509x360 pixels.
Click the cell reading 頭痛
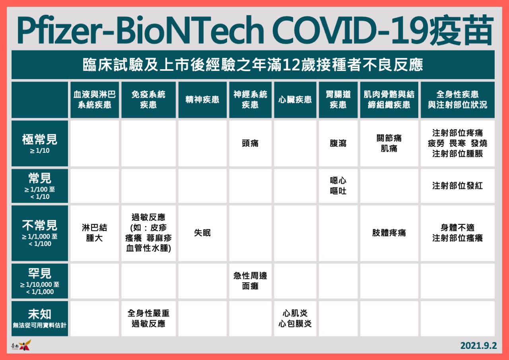click(x=250, y=144)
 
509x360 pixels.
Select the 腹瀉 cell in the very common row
click(x=338, y=144)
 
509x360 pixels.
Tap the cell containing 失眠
click(x=202, y=233)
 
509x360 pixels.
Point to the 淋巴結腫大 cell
click(x=95, y=233)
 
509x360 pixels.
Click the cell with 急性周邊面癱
click(x=250, y=281)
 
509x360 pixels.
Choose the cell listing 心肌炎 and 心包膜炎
click(x=295, y=318)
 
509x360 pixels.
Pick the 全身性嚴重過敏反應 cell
click(x=148, y=318)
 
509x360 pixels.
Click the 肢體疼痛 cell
click(x=389, y=233)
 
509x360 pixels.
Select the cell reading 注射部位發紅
click(x=457, y=186)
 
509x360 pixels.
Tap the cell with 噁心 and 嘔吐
click(x=338, y=186)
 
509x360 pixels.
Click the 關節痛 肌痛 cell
click(x=389, y=144)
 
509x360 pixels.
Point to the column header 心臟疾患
click(x=295, y=100)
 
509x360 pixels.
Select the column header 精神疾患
click(x=202, y=100)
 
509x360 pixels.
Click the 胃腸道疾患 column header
click(x=338, y=100)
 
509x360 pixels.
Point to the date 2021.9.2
click(x=478, y=346)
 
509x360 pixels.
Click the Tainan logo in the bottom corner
click(x=21, y=345)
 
